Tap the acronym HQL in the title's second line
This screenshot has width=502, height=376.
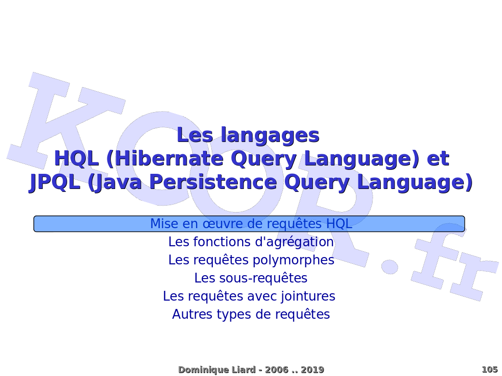click(x=76, y=159)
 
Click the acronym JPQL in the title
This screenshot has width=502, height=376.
click(x=55, y=183)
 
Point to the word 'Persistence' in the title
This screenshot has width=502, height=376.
click(x=213, y=182)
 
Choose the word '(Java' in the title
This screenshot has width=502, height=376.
click(x=115, y=183)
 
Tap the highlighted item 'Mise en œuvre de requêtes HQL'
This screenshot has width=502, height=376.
click(x=251, y=224)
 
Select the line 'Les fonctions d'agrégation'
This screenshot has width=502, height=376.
click(x=251, y=242)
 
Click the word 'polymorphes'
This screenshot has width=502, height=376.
click(x=294, y=260)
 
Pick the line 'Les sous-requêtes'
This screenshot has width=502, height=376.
click(x=251, y=278)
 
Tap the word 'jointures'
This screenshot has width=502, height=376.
click(x=308, y=296)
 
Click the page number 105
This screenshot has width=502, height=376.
click(x=490, y=370)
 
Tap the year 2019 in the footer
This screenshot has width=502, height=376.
click(x=312, y=370)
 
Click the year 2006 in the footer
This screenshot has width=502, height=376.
click(x=277, y=370)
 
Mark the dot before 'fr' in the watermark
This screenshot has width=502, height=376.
click(x=389, y=266)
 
